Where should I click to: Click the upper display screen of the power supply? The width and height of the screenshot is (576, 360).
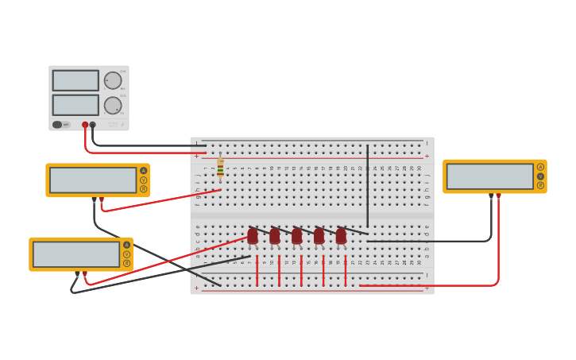[x=75, y=80]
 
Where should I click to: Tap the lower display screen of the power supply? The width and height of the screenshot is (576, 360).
[x=75, y=105]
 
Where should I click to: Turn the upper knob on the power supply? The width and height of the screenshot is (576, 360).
[x=113, y=80]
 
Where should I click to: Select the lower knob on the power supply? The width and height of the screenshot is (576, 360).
[x=113, y=105]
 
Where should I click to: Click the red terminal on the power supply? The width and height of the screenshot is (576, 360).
[x=85, y=125]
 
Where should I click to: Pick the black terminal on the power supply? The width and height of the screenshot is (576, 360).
[x=93, y=125]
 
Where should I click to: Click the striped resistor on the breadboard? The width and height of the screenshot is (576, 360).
[x=220, y=168]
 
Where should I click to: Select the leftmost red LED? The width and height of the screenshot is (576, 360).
[x=253, y=236]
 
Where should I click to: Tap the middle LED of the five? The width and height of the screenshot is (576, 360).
[x=296, y=236]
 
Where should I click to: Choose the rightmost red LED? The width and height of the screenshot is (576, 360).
[x=341, y=236]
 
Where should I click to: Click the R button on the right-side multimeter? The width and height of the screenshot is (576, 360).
[x=540, y=185]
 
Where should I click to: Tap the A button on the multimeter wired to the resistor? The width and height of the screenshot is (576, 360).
[x=143, y=171]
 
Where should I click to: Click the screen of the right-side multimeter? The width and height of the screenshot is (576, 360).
[x=489, y=176]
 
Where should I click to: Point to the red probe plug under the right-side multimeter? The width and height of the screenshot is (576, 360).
[x=498, y=195]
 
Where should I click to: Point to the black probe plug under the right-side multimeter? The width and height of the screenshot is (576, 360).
[x=491, y=195]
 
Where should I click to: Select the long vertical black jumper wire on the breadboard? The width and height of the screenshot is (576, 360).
[x=367, y=187]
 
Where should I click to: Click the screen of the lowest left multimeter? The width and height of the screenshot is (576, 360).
[x=76, y=254]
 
